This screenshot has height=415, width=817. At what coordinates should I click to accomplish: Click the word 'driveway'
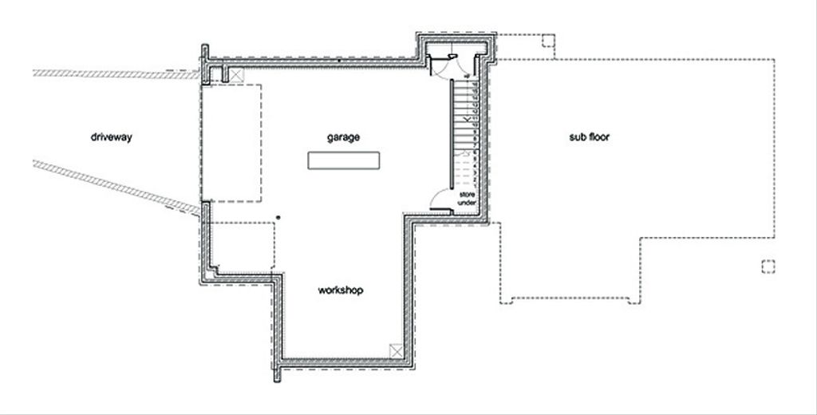point(112,137)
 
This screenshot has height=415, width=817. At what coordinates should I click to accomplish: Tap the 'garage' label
point(343,137)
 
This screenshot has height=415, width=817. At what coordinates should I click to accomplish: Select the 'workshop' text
point(340,290)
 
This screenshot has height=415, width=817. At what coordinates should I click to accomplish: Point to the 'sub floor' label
point(590,137)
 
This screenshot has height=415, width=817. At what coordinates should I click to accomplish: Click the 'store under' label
point(467,199)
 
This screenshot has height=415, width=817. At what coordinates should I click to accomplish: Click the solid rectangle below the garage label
point(343,160)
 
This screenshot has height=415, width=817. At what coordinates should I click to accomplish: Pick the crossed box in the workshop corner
point(397,351)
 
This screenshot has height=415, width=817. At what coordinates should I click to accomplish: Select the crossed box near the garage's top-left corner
point(236,75)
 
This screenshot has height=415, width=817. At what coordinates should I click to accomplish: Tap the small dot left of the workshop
point(278,217)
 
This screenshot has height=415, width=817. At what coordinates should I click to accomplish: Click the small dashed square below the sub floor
point(768,267)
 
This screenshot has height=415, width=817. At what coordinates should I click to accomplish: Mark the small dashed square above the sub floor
point(548,41)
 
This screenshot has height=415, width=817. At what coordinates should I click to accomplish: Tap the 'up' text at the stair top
point(467,77)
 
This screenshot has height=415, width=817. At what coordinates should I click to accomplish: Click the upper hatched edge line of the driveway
point(116,74)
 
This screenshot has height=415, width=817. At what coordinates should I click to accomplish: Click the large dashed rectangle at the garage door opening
point(231,143)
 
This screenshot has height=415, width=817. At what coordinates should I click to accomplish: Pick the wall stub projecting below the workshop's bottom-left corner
point(277,373)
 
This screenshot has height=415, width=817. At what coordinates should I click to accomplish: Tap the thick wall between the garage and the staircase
point(452,134)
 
